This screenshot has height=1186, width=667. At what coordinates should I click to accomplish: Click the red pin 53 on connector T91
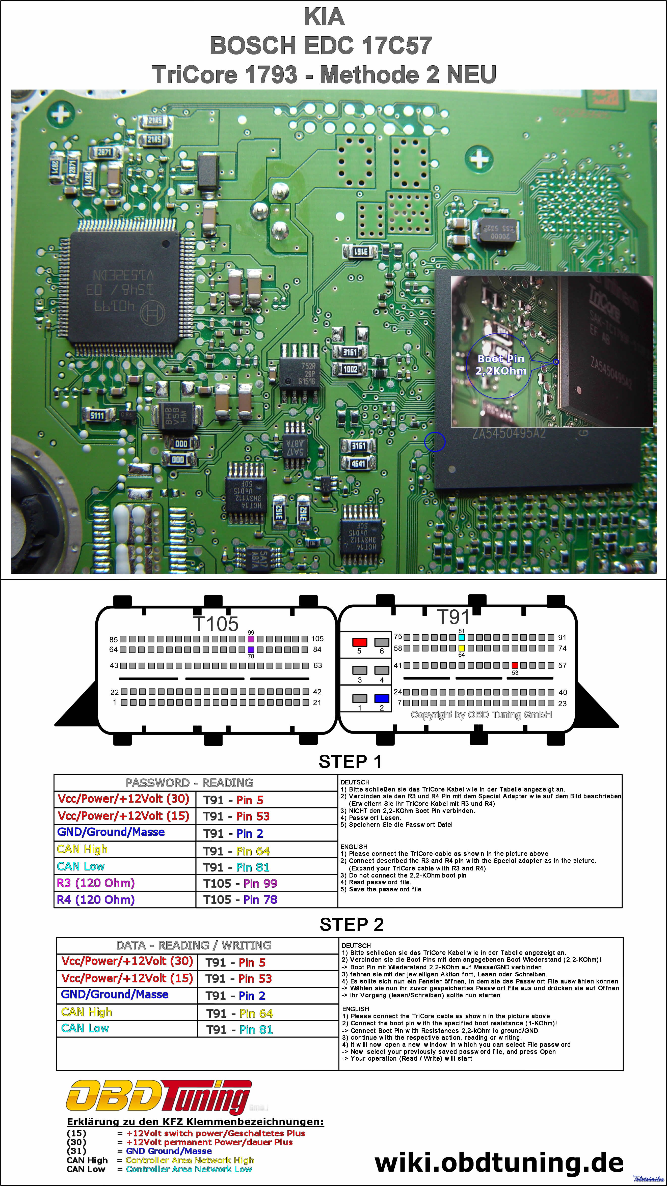(515, 665)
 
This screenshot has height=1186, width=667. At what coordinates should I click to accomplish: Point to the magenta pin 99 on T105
(251, 639)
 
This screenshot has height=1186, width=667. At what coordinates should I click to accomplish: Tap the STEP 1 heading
(350, 762)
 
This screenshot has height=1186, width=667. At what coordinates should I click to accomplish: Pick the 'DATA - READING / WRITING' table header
(194, 945)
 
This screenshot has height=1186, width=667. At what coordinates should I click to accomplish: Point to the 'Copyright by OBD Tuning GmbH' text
(481, 715)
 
